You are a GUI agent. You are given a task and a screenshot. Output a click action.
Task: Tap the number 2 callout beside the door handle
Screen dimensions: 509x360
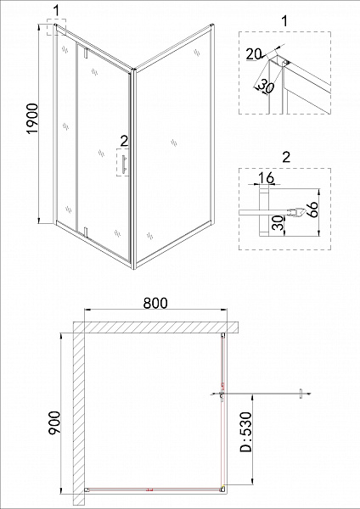124,141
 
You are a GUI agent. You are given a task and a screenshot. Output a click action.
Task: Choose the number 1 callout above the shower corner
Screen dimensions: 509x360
56,11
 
